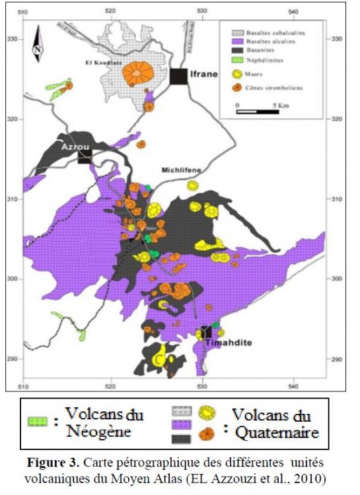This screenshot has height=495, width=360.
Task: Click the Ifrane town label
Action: [204, 74]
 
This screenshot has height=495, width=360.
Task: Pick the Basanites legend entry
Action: [262, 50]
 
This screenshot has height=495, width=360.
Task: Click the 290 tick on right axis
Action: [336, 359]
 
